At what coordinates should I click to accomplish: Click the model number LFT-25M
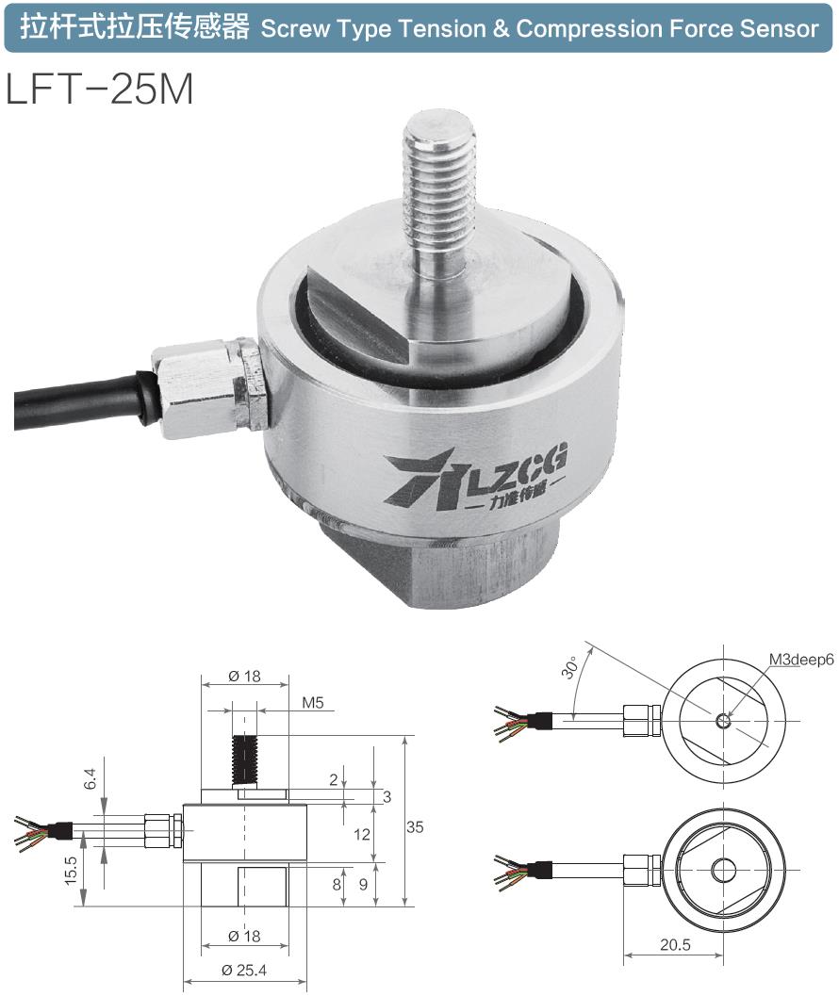pyautogui.click(x=100, y=90)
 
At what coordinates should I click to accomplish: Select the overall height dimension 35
pyautogui.click(x=414, y=826)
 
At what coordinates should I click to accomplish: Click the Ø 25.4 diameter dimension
pyautogui.click(x=245, y=971)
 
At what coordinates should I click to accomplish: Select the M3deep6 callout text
pyautogui.click(x=800, y=660)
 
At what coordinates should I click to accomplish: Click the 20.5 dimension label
pyautogui.click(x=671, y=944)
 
